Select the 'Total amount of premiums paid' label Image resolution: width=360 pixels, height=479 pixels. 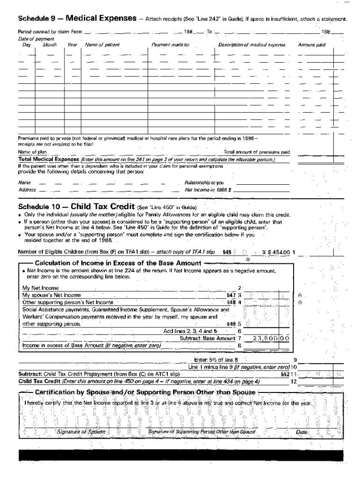tap(257, 152)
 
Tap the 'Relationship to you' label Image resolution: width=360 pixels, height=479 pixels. tap(204, 183)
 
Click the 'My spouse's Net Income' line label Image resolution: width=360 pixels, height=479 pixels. tap(51, 295)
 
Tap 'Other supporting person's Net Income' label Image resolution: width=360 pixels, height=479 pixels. tap(68, 302)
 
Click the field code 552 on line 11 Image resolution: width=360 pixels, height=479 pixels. tap(284, 374)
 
